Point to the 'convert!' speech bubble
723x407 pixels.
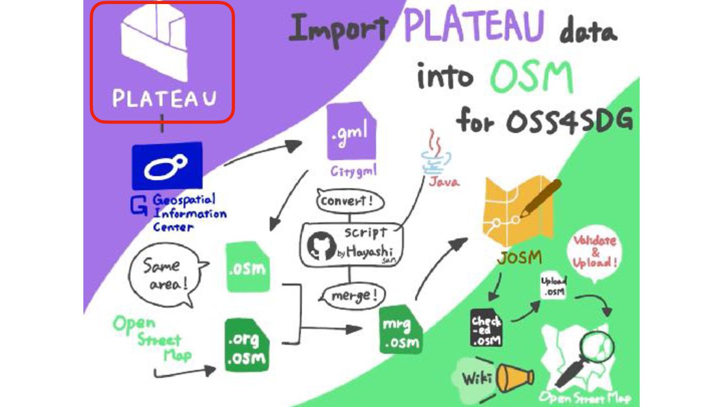point(350,202)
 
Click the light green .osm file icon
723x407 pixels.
point(247,267)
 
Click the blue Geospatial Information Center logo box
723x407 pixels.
point(167,166)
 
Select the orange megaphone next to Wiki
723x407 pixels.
point(514,378)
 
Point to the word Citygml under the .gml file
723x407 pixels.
point(353,171)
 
